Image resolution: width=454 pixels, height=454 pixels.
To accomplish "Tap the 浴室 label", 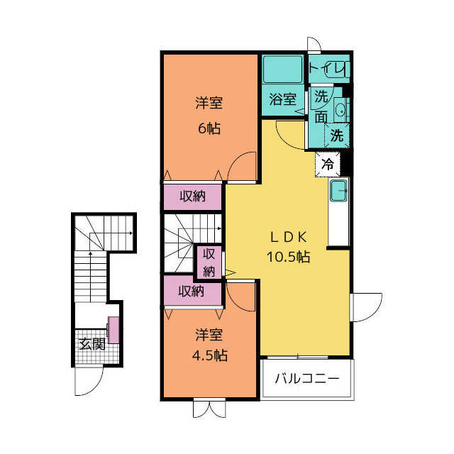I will pyautogui.click(x=282, y=100).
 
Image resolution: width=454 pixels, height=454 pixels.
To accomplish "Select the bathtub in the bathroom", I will pyautogui.click(x=282, y=70).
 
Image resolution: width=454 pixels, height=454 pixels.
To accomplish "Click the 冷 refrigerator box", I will pyautogui.click(x=328, y=164).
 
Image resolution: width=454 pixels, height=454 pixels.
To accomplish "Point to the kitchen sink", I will pyautogui.click(x=338, y=190).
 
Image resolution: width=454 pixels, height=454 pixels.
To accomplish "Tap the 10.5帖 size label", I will pyautogui.click(x=288, y=257).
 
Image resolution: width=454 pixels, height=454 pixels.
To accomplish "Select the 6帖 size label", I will pyautogui.click(x=209, y=129).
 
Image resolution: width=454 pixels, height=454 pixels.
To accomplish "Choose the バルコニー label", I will pyautogui.click(x=306, y=379).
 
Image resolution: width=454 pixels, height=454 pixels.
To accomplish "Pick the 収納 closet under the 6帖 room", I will pyautogui.click(x=193, y=196).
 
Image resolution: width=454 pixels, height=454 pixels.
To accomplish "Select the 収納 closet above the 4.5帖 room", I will pyautogui.click(x=192, y=290).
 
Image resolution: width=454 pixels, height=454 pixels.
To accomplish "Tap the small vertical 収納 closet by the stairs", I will pyautogui.click(x=209, y=262).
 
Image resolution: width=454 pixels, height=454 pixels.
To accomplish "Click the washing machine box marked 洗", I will pyautogui.click(x=338, y=135).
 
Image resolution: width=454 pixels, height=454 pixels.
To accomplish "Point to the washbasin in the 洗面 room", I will pyautogui.click(x=340, y=110).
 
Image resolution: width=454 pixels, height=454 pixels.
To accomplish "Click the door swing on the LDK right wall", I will pyautogui.click(x=366, y=308).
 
